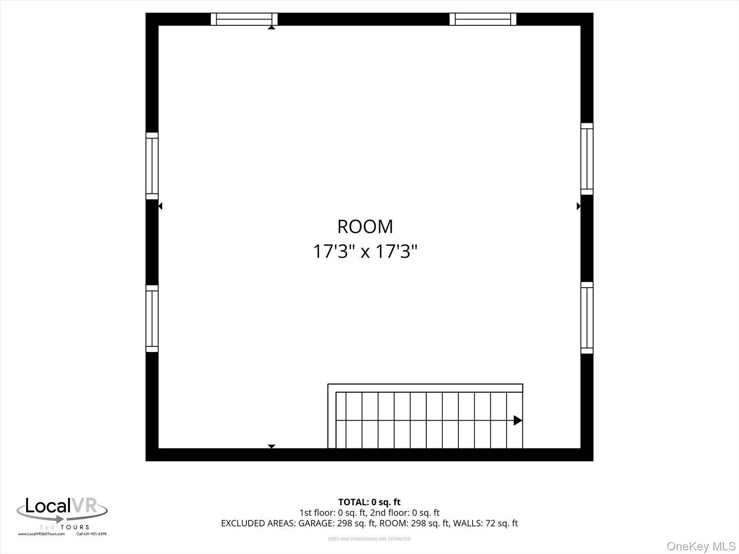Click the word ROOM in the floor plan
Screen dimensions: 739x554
click(365, 227)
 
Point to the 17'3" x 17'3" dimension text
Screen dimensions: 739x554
click(365, 251)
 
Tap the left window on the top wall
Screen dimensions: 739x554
click(244, 19)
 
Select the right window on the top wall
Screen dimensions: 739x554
click(483, 19)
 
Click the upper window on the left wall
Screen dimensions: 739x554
click(152, 166)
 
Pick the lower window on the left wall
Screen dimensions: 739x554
click(152, 318)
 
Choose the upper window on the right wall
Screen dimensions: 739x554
click(587, 159)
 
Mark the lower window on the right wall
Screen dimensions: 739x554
click(587, 318)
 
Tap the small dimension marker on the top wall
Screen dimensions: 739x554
click(271, 27)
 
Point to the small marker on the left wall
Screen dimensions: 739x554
click(160, 206)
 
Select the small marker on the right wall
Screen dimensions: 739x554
click(578, 206)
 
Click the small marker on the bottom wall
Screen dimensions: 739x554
click(271, 446)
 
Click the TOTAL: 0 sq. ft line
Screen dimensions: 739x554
click(369, 502)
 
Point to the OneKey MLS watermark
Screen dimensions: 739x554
click(701, 546)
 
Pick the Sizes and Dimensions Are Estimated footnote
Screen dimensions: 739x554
click(369, 539)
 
